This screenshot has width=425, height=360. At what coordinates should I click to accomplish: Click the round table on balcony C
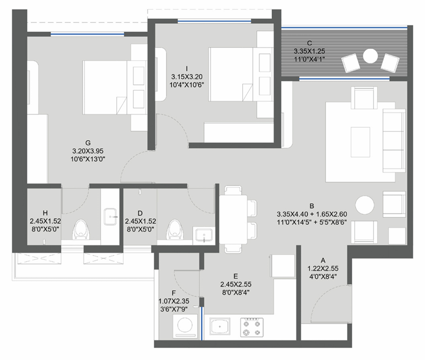pyautogui.click(x=370, y=56)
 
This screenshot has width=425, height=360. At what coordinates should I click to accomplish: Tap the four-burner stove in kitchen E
pyautogui.click(x=252, y=327)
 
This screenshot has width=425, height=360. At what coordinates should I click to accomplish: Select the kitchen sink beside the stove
pyautogui.click(x=220, y=327)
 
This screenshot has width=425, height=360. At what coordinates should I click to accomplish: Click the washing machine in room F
pyautogui.click(x=185, y=327)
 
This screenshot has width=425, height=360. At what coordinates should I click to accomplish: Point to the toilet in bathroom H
pyautogui.click(x=81, y=229)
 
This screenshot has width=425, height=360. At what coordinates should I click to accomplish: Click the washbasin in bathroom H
pyautogui.click(x=111, y=216)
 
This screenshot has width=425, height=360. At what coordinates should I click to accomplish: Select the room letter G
pyautogui.click(x=88, y=142)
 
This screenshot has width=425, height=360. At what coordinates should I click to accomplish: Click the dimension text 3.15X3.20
pyautogui.click(x=187, y=77)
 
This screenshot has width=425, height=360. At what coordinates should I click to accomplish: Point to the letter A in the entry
pyautogui.click(x=323, y=260)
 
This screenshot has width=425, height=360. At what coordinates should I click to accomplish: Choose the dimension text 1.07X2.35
pyautogui.click(x=174, y=301)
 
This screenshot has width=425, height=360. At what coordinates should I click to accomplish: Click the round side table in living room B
pyautogui.click(x=364, y=205)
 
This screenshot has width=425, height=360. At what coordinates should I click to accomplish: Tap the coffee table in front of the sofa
pyautogui.click(x=360, y=142)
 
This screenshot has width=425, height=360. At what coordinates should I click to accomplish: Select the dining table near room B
pyautogui.click(x=233, y=220)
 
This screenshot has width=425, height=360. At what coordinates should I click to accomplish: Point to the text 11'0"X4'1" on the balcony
pyautogui.click(x=310, y=59)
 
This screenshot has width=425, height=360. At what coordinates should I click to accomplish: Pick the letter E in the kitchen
pyautogui.click(x=236, y=276)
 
